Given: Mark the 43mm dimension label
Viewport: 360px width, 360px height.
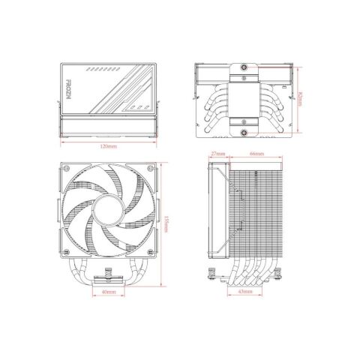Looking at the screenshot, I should click(x=244, y=291).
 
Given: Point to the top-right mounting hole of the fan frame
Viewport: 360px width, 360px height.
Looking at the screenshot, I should click(x=151, y=171).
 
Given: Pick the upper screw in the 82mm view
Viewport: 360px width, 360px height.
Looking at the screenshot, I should click(x=244, y=78).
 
